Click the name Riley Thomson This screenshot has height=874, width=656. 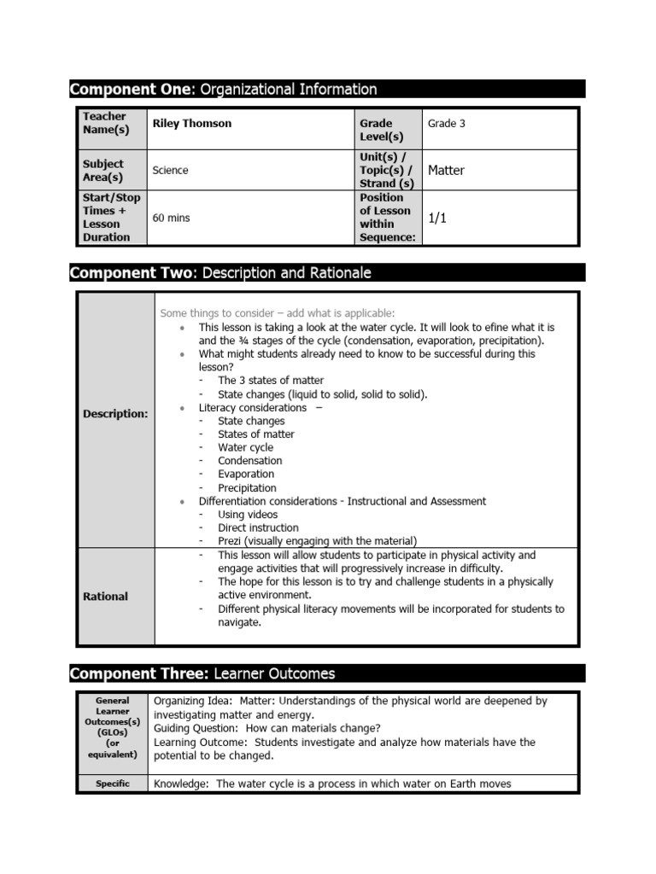tap(191, 124)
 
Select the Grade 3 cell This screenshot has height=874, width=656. tap(446, 124)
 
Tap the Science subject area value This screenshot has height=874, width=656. tap(170, 171)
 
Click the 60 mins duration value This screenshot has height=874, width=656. tap(171, 218)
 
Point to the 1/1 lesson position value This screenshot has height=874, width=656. tap(437, 218)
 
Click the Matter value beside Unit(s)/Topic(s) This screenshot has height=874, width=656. tap(446, 171)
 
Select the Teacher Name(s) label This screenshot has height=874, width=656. tap(105, 123)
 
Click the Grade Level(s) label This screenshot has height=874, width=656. tap(381, 130)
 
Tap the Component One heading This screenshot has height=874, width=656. tap(223, 90)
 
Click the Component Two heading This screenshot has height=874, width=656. tap(220, 273)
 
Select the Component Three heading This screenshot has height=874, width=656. tap(202, 674)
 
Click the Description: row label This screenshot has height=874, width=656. tap(115, 414)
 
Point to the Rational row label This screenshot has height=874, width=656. tap(105, 597)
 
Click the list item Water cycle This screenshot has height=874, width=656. tap(245, 447)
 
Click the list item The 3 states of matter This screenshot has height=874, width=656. tap(271, 381)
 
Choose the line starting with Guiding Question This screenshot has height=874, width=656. tap(266, 728)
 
